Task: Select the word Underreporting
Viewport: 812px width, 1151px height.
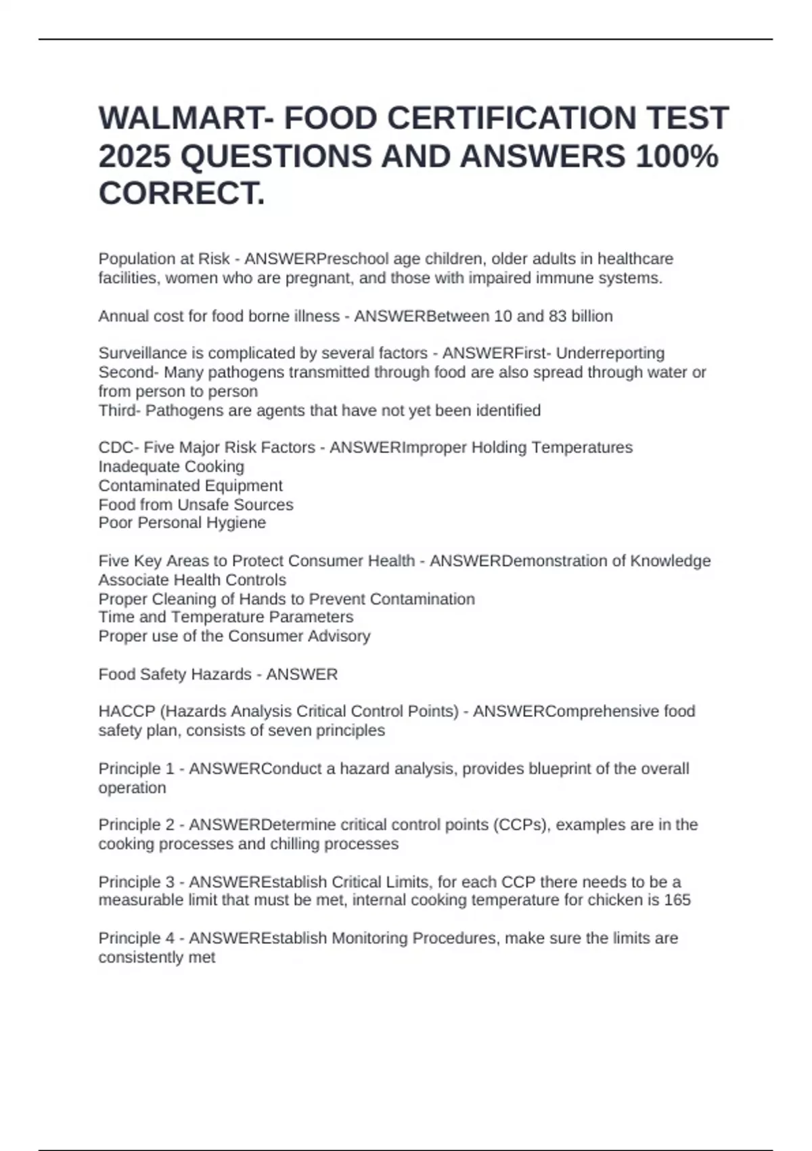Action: pyautogui.click(x=610, y=353)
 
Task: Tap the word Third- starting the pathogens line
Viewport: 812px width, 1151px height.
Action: pyautogui.click(x=120, y=410)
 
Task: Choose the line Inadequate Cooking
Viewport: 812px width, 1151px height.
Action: pyautogui.click(x=171, y=466)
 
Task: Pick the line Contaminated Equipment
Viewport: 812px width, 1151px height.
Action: pyautogui.click(x=190, y=485)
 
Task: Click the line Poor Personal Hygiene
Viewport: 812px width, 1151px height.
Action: pyautogui.click(x=182, y=523)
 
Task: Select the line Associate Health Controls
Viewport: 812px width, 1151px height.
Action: pyautogui.click(x=192, y=580)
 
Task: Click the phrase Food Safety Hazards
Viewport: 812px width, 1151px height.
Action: pyautogui.click(x=175, y=674)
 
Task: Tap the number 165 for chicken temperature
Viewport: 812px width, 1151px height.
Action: pyautogui.click(x=677, y=900)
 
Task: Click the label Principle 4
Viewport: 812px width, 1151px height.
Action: pyautogui.click(x=136, y=938)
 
